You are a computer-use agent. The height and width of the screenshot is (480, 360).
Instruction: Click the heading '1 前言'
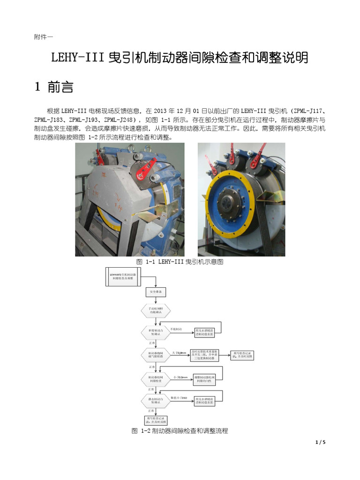tap(53, 87)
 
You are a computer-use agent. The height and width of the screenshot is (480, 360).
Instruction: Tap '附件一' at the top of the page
tap(44, 37)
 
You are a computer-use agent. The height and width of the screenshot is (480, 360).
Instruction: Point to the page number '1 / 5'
tap(321, 442)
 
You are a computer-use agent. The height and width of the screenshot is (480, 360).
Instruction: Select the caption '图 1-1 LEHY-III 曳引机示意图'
tap(180, 262)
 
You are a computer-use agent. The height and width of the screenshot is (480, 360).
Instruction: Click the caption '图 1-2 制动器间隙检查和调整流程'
tap(180, 430)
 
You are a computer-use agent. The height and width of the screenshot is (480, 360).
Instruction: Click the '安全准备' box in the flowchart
tap(156, 292)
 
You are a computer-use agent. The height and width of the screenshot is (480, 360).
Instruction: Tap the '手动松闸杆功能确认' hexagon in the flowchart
tap(156, 311)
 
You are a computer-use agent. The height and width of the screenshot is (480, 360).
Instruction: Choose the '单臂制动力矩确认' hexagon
tap(156, 332)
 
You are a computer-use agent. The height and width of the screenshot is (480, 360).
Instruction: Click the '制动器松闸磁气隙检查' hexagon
tap(156, 355)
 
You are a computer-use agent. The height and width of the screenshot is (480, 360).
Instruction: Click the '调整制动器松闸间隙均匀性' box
tap(205, 377)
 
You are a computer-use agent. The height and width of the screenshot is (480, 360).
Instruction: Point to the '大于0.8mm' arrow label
tap(179, 352)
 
